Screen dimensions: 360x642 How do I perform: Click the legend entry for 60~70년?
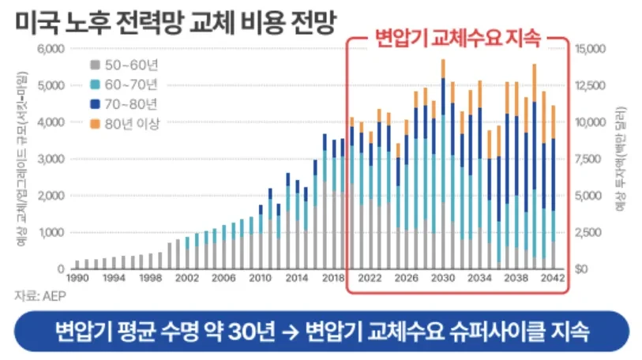tap(126, 84)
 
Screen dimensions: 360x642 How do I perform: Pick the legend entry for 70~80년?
tap(126, 103)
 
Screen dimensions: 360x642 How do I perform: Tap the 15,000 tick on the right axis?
tap(594, 49)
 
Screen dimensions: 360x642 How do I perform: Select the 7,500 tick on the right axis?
tap(593, 159)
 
